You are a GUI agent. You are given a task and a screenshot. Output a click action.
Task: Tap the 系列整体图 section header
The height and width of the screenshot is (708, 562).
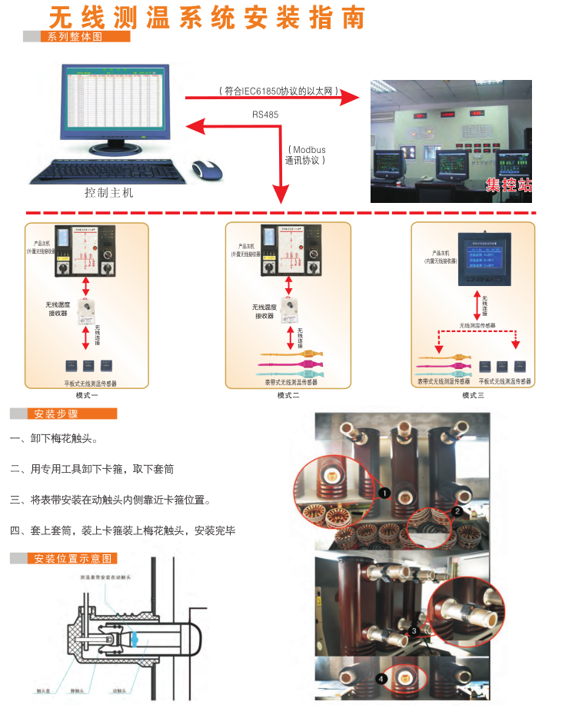(x=75, y=36)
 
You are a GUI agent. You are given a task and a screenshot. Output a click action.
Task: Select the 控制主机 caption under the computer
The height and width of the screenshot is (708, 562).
(x=109, y=193)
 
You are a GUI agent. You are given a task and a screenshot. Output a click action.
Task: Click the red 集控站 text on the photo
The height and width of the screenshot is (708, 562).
(x=508, y=184)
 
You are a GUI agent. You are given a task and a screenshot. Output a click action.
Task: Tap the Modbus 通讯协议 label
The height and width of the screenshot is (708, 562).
(x=306, y=155)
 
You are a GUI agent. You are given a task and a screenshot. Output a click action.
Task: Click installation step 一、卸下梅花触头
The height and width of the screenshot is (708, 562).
(x=54, y=439)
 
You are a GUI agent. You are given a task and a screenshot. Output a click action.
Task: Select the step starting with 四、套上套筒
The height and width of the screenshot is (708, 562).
(x=123, y=530)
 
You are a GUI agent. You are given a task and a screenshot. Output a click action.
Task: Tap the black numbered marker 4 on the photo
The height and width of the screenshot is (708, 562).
(x=383, y=679)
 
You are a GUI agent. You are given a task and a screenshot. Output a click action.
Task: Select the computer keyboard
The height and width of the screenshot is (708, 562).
(x=108, y=171)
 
